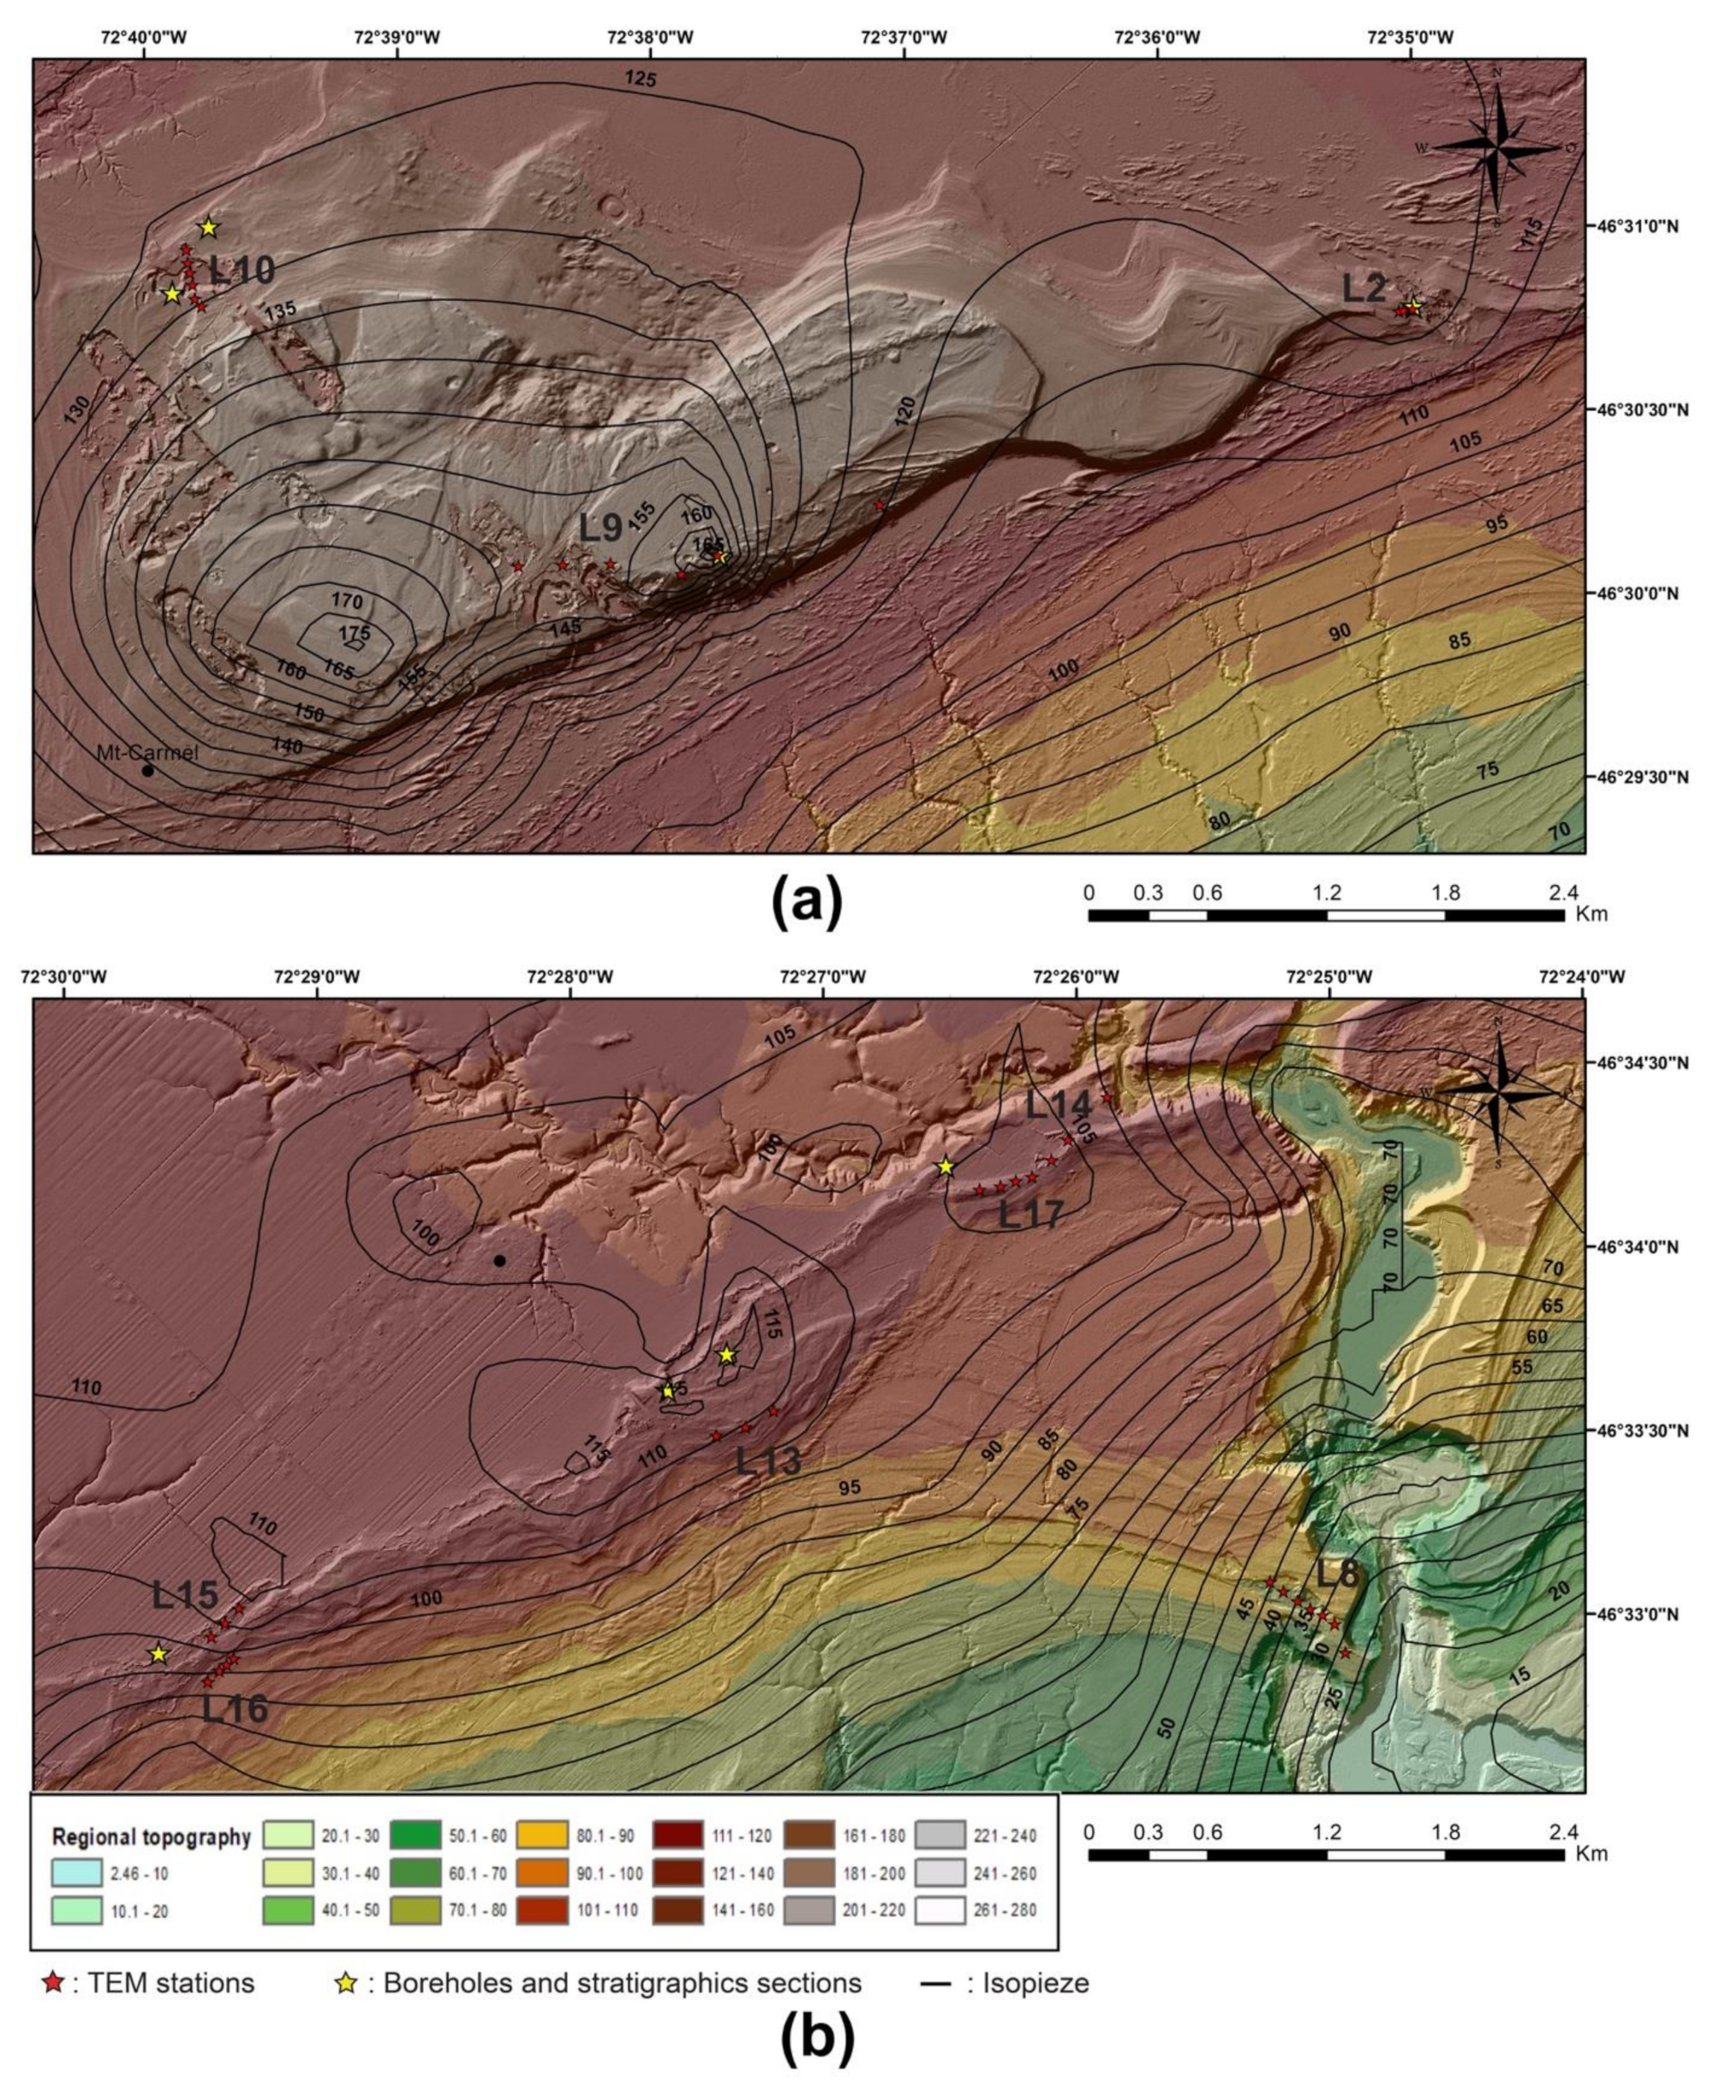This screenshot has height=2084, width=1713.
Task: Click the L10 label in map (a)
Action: click(242, 269)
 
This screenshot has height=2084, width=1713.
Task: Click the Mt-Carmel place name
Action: click(147, 752)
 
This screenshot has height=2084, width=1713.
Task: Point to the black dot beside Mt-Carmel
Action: click(148, 771)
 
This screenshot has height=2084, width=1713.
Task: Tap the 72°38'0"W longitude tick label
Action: click(651, 39)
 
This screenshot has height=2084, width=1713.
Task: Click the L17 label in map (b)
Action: click(1032, 1216)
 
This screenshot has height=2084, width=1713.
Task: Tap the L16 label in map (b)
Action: click(235, 1709)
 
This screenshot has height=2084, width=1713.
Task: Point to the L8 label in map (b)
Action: click(1339, 1575)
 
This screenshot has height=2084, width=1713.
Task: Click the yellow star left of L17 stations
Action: click(946, 1167)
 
